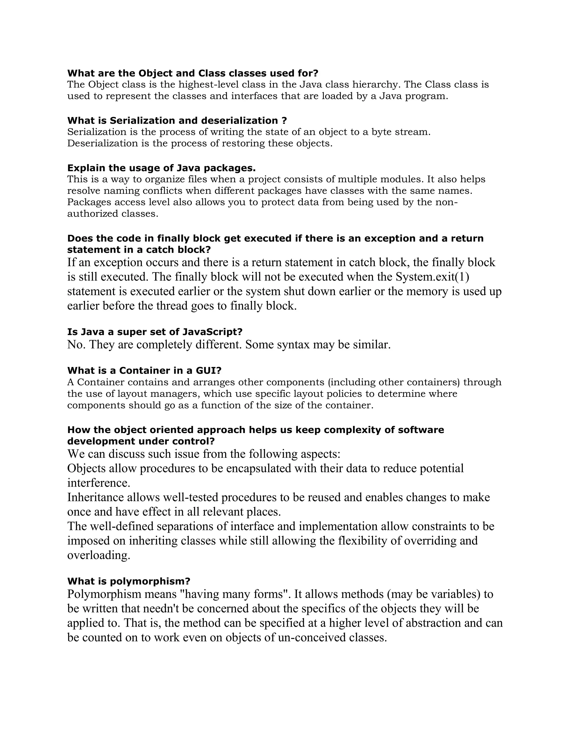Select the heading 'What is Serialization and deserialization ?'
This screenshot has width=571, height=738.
(177, 121)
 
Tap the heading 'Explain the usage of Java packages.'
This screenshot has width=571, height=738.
(161, 168)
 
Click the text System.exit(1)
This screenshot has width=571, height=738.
(432, 277)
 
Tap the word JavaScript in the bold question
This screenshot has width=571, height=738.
(212, 332)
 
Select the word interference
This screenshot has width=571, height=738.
(99, 483)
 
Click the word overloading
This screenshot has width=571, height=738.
(99, 555)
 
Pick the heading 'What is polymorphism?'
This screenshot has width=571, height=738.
(129, 581)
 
